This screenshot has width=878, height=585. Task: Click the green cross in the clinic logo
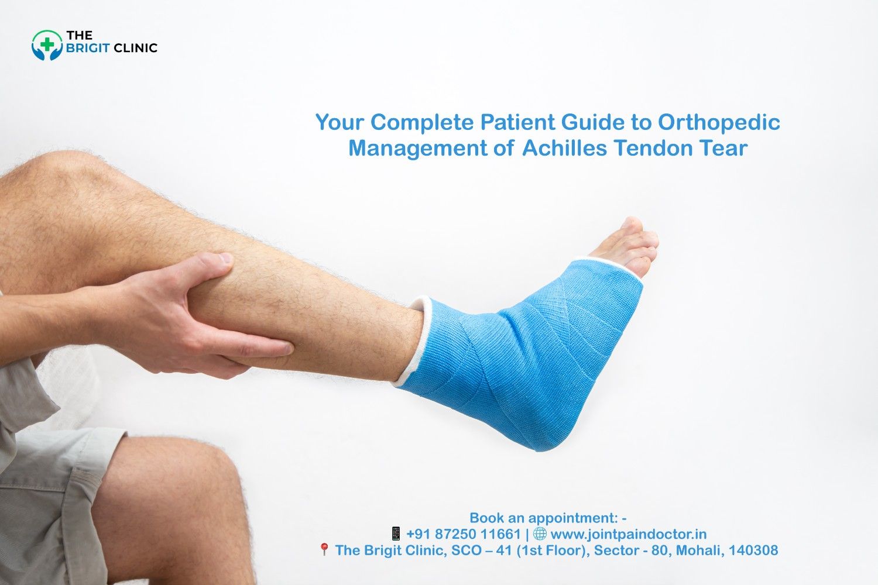46,44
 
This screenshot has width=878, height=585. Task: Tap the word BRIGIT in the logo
87,48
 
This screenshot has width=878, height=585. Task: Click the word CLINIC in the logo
135,48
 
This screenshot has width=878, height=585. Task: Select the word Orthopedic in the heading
719,122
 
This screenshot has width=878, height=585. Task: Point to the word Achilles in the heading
564,148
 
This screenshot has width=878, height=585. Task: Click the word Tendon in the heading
651,148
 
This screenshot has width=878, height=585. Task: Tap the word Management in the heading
417,148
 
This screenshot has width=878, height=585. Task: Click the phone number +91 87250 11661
463,534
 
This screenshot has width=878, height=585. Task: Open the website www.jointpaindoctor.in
628,534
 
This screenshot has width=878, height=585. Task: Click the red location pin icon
324,549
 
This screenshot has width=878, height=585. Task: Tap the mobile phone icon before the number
396,534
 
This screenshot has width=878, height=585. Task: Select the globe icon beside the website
540,534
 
